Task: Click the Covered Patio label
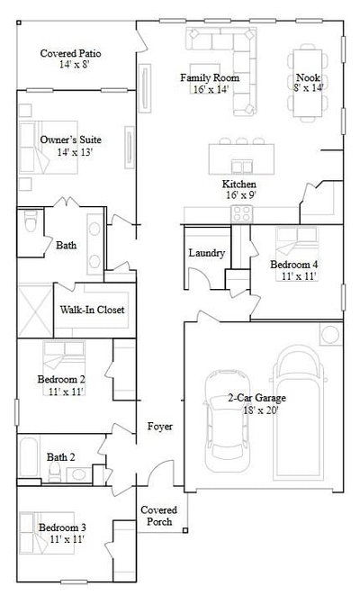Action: [71, 53]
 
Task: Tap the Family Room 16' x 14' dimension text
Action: [211, 89]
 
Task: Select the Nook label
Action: [308, 77]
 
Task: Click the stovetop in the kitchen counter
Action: [242, 214]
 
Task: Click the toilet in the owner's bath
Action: [31, 221]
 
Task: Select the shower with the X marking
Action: [35, 311]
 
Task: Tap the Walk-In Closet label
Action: [93, 310]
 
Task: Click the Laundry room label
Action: [207, 253]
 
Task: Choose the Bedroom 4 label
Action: [294, 265]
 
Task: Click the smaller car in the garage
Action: [227, 420]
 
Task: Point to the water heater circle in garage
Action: [330, 334]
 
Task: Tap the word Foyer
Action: [160, 427]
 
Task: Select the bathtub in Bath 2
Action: [29, 457]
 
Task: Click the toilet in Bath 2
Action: [54, 472]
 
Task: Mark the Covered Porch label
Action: [158, 516]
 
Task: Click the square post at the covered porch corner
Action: [185, 530]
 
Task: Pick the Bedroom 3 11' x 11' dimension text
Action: [67, 539]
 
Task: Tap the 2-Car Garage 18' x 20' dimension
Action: [261, 410]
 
